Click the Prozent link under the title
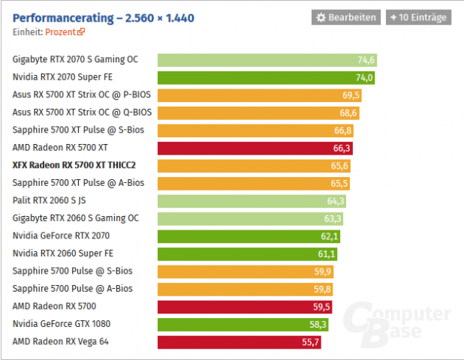point(65,32)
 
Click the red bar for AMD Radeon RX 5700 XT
point(255,148)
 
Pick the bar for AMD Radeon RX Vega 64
point(240,342)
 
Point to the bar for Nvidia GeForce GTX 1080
point(244,324)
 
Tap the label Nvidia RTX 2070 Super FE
point(62,77)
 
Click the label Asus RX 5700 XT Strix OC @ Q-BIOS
point(82,112)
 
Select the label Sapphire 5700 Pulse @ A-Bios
point(72,289)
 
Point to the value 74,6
point(366,60)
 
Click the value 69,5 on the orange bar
point(351,95)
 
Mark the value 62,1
point(330,236)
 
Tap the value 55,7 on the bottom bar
point(312,342)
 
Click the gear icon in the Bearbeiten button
point(321,17)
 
